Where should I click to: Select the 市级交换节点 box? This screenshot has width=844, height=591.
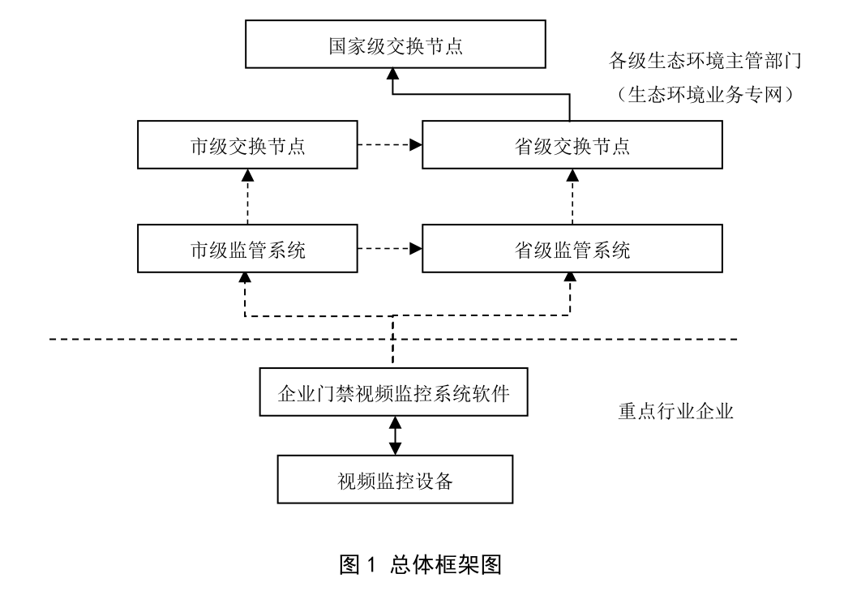click(x=246, y=147)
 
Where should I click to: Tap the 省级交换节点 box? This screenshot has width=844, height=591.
click(x=572, y=147)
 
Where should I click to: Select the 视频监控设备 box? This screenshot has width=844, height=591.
click(x=395, y=480)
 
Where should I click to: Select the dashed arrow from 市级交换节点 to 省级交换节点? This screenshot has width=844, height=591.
click(x=389, y=146)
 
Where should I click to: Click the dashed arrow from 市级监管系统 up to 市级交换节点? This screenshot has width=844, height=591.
click(x=246, y=199)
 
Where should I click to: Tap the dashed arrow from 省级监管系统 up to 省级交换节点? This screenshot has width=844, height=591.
click(x=572, y=199)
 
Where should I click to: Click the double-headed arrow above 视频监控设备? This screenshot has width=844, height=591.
click(x=395, y=436)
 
